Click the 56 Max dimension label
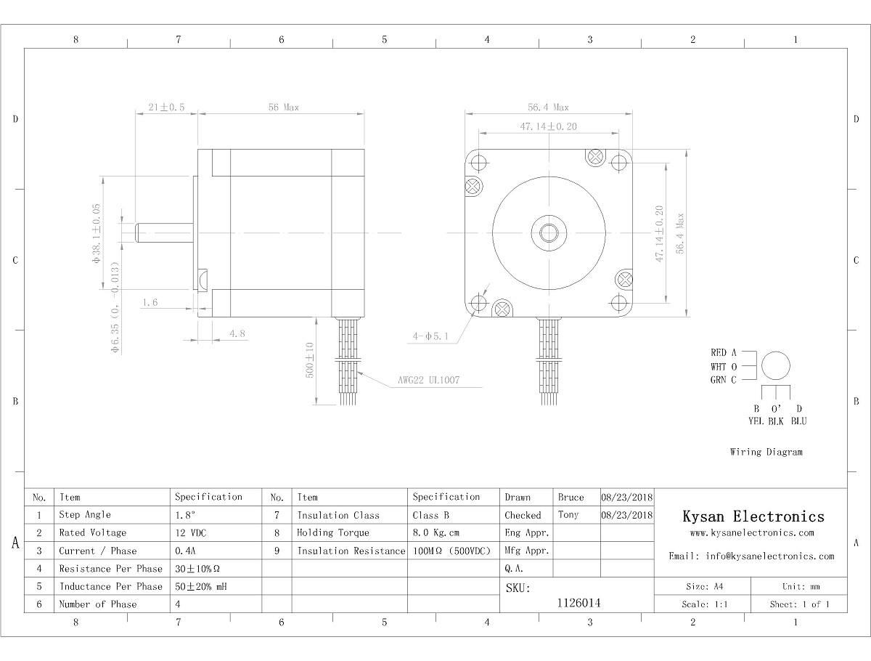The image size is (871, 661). (x=283, y=108)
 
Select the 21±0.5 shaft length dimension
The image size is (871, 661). (x=166, y=108)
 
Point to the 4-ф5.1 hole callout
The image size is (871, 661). (x=430, y=336)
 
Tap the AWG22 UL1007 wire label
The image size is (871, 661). (x=428, y=380)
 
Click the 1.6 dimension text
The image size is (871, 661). (x=150, y=302)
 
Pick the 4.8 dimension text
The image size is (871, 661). (x=237, y=333)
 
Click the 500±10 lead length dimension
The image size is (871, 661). (x=310, y=360)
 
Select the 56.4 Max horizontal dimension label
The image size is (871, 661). (x=548, y=108)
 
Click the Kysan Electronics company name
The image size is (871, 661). (x=753, y=516)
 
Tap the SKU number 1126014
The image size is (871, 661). (x=578, y=603)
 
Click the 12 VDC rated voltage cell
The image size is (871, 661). (x=191, y=532)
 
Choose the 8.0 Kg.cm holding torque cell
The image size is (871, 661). (x=435, y=532)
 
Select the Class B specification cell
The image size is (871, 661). (x=430, y=515)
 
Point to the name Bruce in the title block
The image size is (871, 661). (x=571, y=498)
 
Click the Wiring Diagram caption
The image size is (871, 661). (x=766, y=452)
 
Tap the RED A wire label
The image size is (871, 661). (x=724, y=352)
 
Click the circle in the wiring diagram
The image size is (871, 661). (x=776, y=365)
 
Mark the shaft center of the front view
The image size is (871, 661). (x=549, y=233)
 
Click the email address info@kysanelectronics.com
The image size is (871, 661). (x=770, y=556)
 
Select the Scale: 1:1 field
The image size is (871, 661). (x=704, y=604)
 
